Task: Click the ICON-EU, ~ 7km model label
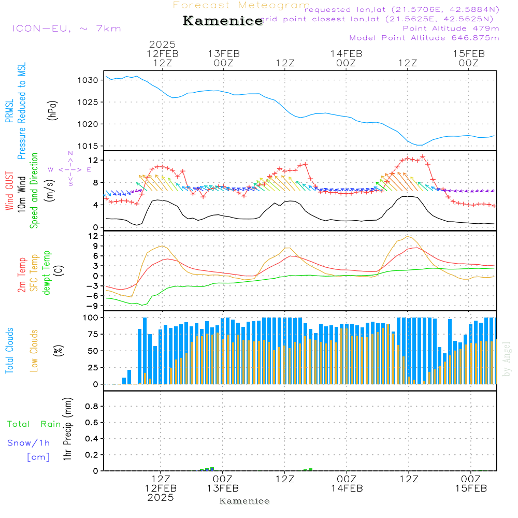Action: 66,28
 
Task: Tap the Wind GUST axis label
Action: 9,192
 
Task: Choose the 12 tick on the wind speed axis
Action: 93,160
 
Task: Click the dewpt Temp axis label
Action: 47,273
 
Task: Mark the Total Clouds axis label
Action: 9,351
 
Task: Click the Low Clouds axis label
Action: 34,351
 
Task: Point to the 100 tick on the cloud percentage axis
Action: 90,317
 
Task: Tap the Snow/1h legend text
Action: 28,443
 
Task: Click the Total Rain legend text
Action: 34,424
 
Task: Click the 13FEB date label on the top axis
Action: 224,53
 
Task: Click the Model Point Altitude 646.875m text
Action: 424,38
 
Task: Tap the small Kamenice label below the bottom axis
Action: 244,501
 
